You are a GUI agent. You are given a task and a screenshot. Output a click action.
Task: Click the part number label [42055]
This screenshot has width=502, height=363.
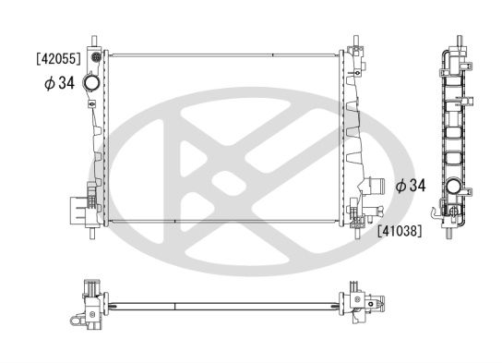click(x=58, y=57)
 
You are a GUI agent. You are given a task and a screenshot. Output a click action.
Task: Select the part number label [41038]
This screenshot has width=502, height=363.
click(x=399, y=232)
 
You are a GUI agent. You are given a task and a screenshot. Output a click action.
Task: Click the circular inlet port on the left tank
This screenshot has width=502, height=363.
click(x=92, y=85)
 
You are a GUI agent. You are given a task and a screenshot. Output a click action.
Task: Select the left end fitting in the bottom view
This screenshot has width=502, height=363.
click(x=90, y=300)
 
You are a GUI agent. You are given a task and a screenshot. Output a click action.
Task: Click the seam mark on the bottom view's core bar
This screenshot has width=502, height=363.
click(x=173, y=306)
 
